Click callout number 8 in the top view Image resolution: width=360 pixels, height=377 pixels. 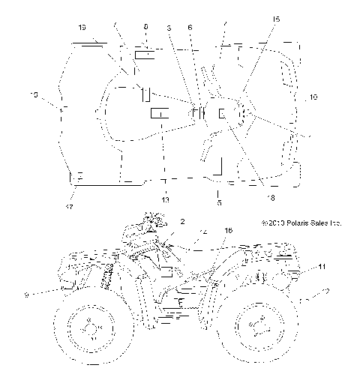(145, 25)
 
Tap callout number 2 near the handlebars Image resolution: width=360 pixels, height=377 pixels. (181, 222)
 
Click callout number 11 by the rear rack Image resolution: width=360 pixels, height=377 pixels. (322, 267)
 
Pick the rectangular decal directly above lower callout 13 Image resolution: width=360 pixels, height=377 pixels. (160, 113)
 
